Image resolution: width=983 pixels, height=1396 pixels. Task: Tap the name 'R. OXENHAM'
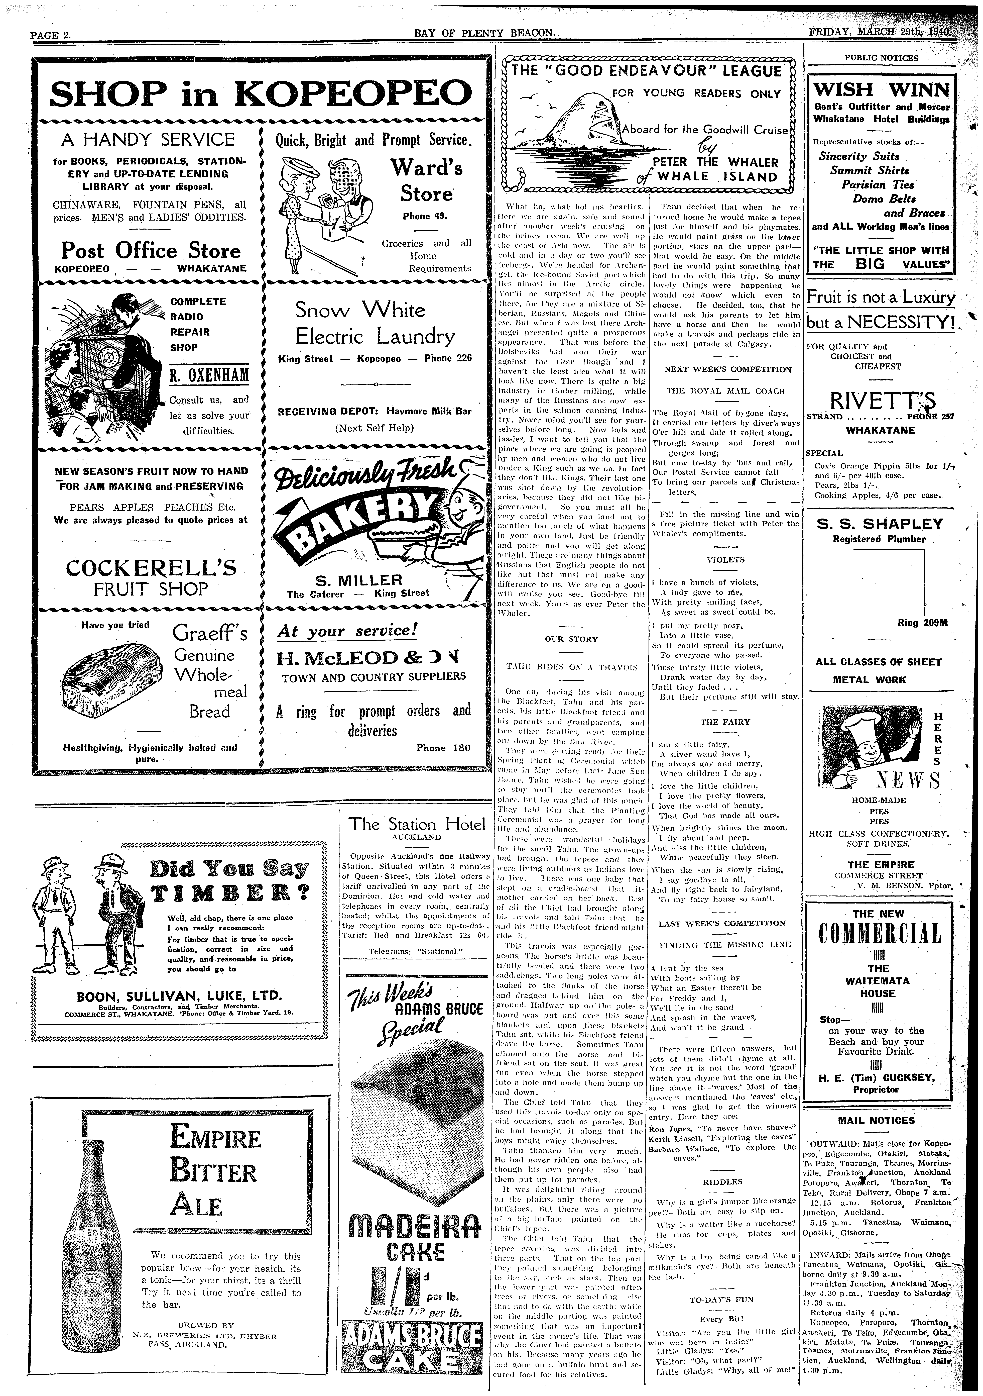point(209,375)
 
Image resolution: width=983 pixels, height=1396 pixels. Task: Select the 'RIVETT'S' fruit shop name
point(879,401)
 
